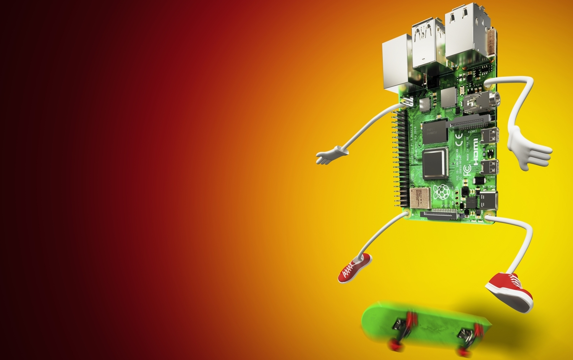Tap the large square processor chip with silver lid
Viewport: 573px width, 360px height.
(x=435, y=163)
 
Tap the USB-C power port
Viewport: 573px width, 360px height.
(x=489, y=200)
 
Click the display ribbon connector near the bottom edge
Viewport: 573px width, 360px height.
(x=439, y=214)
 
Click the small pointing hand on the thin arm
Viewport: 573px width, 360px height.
(x=331, y=155)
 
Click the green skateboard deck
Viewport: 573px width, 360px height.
(x=424, y=321)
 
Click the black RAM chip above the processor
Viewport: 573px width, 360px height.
(x=435, y=132)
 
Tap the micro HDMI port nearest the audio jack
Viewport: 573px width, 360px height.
(x=490, y=135)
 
